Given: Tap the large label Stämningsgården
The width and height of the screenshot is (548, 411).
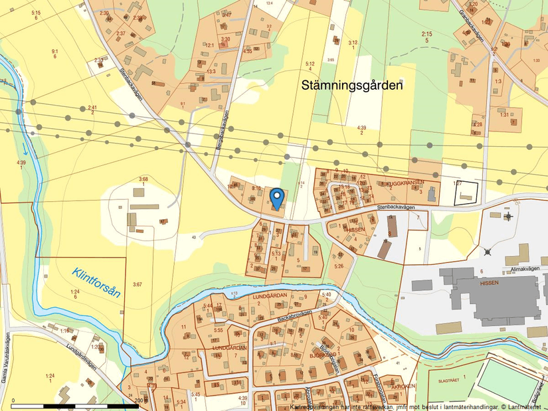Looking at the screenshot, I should tap(352, 86).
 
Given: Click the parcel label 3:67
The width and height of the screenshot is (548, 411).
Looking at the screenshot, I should tap(137, 284).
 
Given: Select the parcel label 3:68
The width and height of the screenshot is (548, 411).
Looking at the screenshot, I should tap(143, 179).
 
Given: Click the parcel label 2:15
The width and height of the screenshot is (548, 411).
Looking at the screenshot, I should tap(426, 33).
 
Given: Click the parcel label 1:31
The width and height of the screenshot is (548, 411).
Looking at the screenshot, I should tap(505, 115).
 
